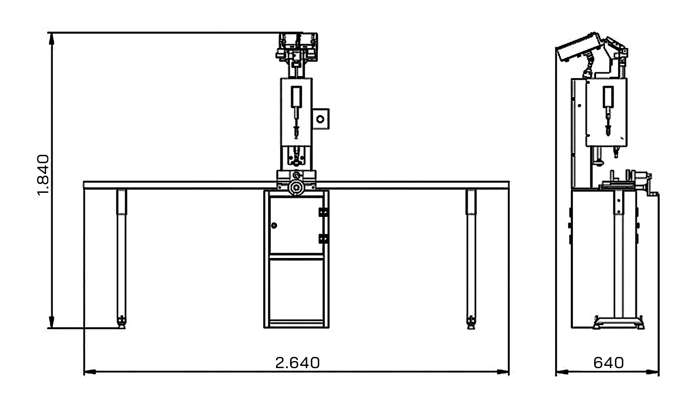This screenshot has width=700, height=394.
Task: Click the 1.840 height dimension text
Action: click(x=43, y=175)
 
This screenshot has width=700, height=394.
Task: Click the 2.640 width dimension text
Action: click(x=297, y=363)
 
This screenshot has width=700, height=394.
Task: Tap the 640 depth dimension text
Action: click(x=608, y=363)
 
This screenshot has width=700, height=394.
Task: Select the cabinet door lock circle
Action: click(x=274, y=225)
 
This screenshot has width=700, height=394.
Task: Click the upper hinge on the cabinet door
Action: click(x=323, y=212)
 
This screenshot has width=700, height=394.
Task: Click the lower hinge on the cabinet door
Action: click(x=323, y=239)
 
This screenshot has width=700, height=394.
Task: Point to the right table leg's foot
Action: click(x=471, y=322)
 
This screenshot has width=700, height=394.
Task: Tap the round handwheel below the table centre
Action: click(x=296, y=188)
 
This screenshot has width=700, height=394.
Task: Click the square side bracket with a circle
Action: click(x=320, y=119)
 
